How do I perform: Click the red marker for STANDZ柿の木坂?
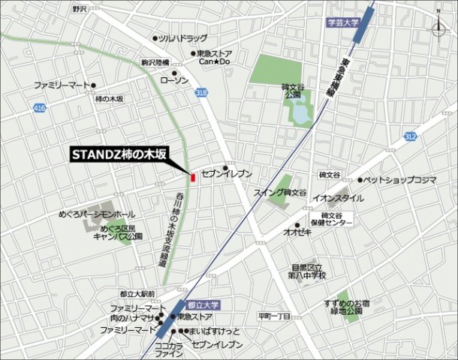tap(192, 178)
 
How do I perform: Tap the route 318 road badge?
tap(200, 91)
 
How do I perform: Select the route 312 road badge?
tap(408, 136)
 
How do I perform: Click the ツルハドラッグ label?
tap(182, 37)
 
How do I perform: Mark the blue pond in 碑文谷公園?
tap(301, 114)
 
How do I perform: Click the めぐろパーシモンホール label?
tap(97, 214)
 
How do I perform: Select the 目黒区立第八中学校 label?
tap(309, 271)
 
